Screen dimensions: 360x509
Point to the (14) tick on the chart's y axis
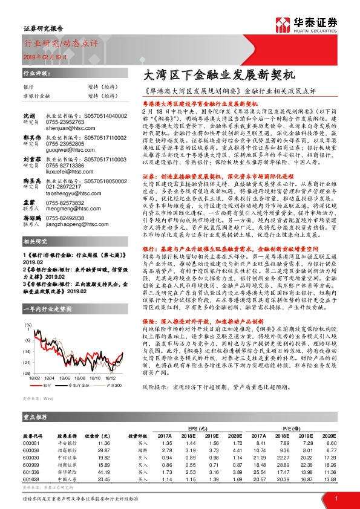tap(28, 351)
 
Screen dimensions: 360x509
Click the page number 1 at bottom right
tap(335, 497)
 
